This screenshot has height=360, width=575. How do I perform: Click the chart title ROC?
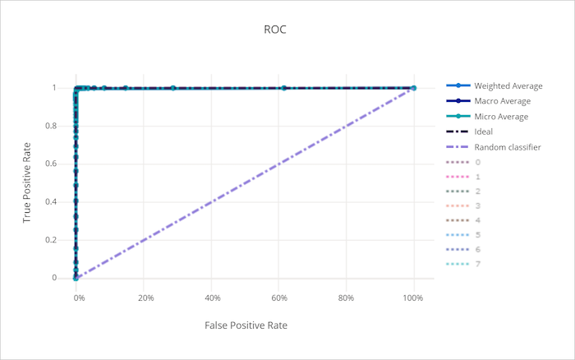tap(276, 30)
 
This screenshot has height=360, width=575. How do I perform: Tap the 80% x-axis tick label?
tap(346, 297)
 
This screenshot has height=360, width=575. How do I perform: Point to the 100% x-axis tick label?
tap(413, 297)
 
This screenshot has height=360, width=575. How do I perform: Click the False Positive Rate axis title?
tap(246, 325)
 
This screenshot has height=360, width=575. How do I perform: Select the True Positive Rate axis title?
tap(27, 182)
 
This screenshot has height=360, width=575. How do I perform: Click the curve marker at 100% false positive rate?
tap(413, 88)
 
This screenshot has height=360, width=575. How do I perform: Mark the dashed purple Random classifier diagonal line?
tap(246, 182)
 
